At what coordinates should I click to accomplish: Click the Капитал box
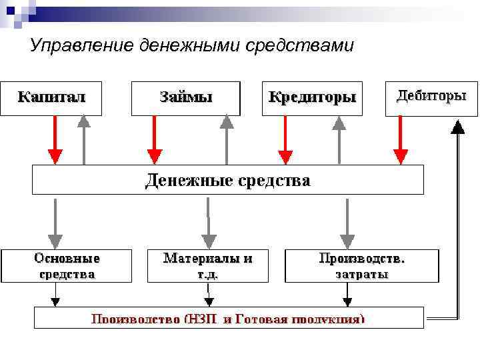[51, 98]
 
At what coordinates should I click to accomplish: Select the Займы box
[185, 98]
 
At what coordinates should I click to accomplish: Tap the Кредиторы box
[312, 98]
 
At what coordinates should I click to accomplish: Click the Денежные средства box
[228, 180]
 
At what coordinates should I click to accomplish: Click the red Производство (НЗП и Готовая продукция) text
[228, 319]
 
